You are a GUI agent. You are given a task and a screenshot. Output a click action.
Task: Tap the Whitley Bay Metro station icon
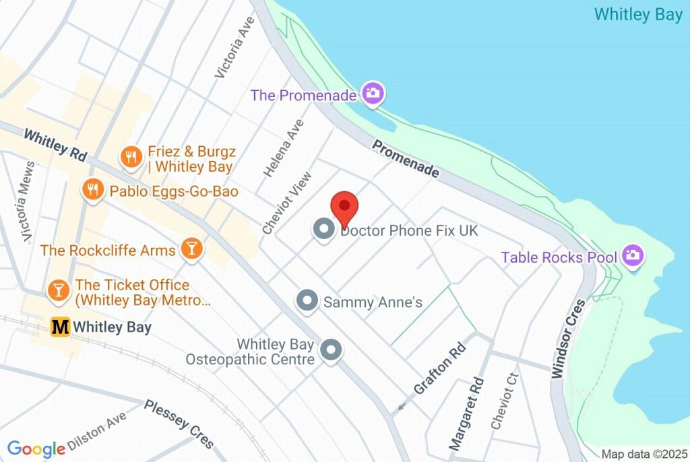[61, 327]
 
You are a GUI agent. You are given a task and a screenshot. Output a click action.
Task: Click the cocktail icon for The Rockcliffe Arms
[192, 249]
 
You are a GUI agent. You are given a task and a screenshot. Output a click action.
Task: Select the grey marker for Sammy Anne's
[307, 301]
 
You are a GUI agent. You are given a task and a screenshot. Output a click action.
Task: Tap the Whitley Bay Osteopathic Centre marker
[330, 350]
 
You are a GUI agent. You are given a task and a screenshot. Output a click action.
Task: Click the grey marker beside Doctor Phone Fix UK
[325, 230]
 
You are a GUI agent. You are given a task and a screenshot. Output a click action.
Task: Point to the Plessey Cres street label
[179, 423]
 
